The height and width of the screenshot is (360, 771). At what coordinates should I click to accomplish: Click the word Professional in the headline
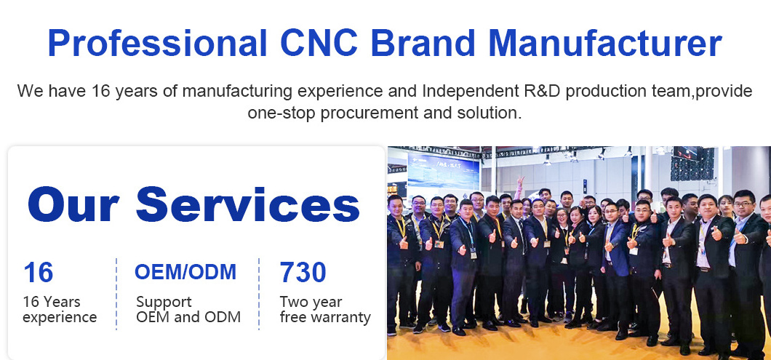pyautogui.click(x=157, y=44)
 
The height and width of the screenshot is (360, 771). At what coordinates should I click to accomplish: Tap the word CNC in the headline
pyautogui.click(x=319, y=44)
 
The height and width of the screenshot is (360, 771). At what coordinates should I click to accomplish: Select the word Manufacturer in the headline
pyautogui.click(x=605, y=44)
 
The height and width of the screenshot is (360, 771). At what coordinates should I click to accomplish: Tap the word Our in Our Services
pyautogui.click(x=73, y=204)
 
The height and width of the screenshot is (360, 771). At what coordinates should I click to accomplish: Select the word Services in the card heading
pyautogui.click(x=248, y=204)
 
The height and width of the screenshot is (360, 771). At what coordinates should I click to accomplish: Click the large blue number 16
pyautogui.click(x=38, y=272)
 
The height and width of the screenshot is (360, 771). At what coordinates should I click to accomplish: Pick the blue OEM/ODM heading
pyautogui.click(x=185, y=271)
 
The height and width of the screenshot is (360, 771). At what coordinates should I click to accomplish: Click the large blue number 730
pyautogui.click(x=303, y=272)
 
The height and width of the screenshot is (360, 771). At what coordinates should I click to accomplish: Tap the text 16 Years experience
pyautogui.click(x=60, y=309)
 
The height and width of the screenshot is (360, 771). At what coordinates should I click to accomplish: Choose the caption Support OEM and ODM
pyautogui.click(x=188, y=309)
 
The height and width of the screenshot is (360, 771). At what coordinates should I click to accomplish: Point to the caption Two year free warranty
pyautogui.click(x=325, y=309)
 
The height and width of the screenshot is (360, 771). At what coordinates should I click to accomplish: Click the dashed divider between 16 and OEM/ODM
pyautogui.click(x=116, y=294)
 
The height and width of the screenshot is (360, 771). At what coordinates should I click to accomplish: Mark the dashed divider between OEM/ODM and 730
pyautogui.click(x=259, y=294)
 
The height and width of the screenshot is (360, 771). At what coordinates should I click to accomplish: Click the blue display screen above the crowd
pyautogui.click(x=443, y=170)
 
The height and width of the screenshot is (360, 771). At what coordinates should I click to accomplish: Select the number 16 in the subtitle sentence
pyautogui.click(x=101, y=91)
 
